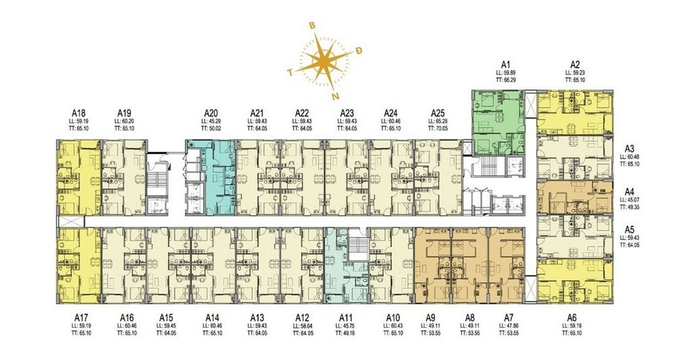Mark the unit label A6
[x=572, y=317]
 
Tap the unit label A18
[x=77, y=113]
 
